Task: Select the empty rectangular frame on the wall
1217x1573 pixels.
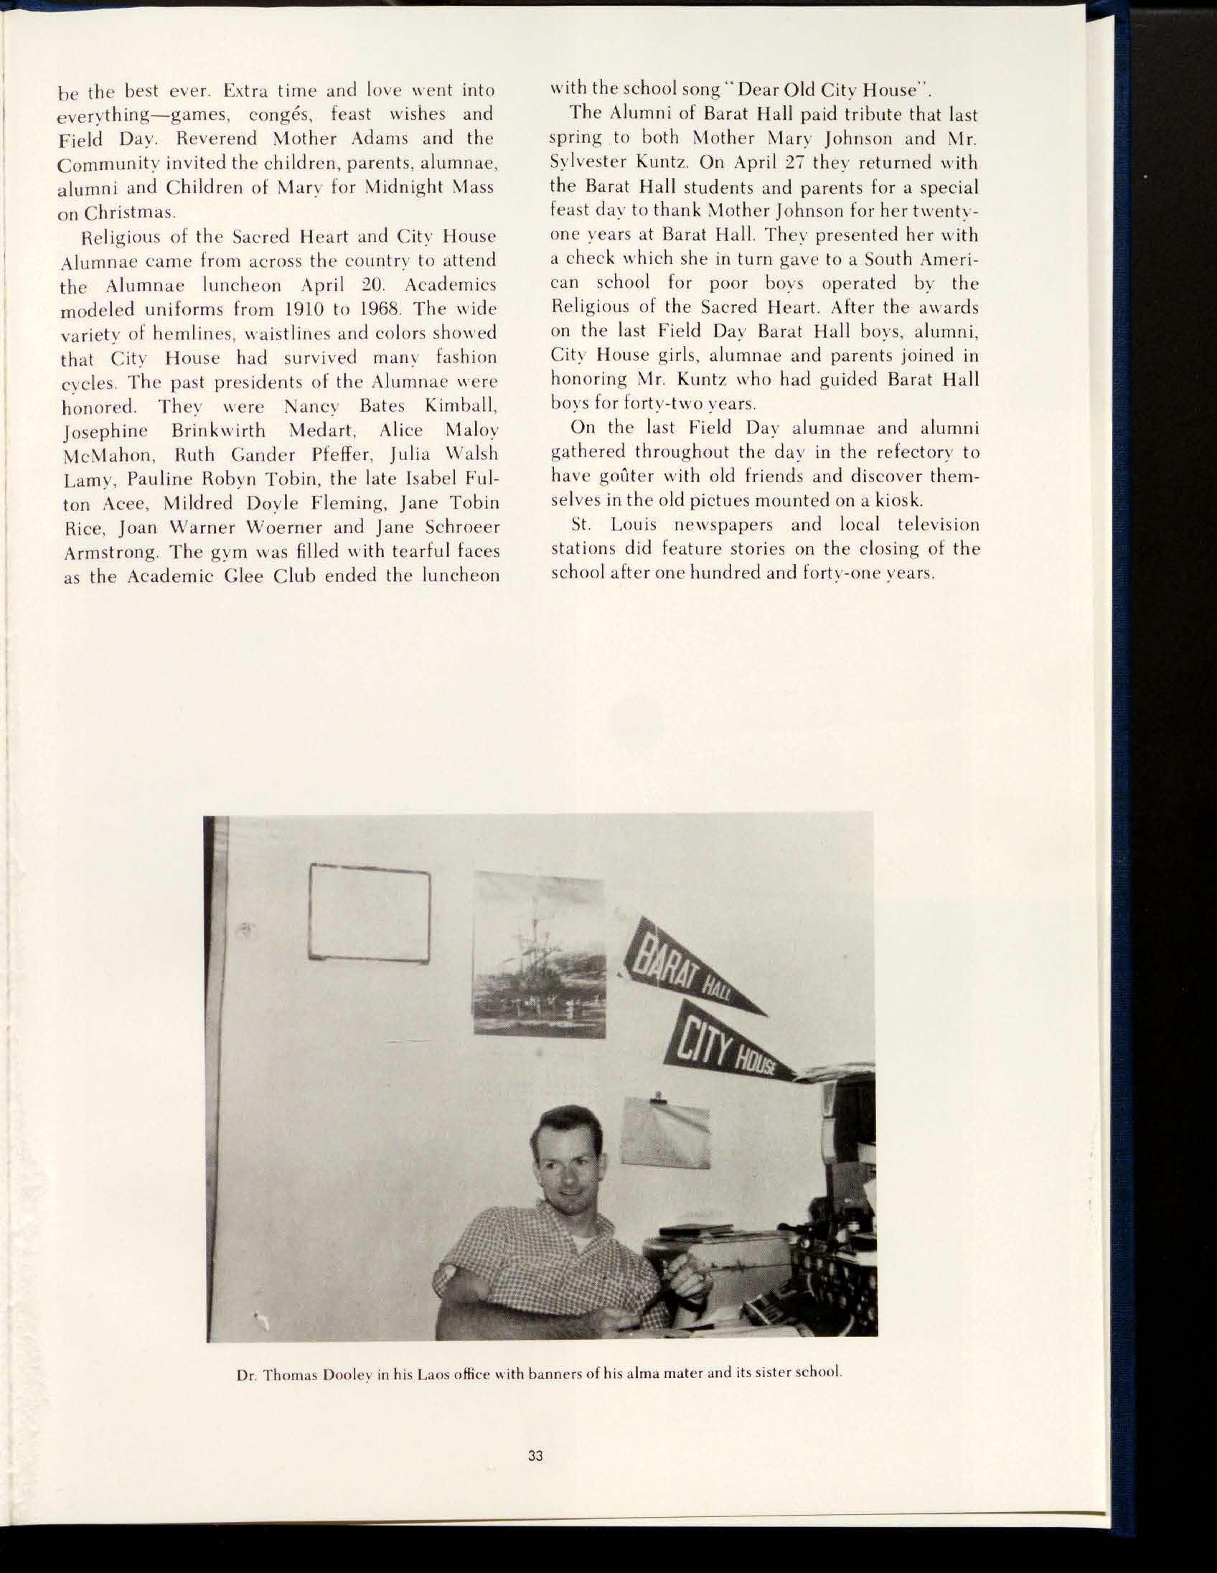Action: (370, 913)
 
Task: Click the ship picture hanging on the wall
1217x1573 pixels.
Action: (539, 953)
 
